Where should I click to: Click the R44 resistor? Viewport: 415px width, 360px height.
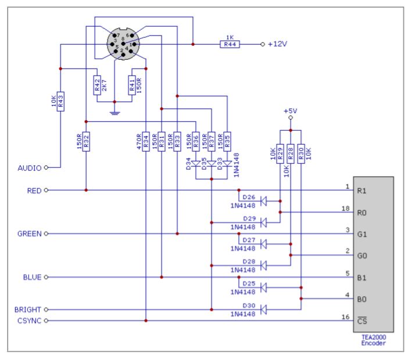(x=228, y=44)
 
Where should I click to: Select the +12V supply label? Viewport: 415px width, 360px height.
(x=279, y=44)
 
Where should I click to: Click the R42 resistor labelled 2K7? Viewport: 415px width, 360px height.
(x=97, y=87)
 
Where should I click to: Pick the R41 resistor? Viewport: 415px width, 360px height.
(x=132, y=87)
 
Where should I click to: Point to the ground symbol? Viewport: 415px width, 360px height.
(x=115, y=110)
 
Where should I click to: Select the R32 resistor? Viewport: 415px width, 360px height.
(x=86, y=142)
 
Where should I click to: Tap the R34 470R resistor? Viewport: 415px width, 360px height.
(x=146, y=142)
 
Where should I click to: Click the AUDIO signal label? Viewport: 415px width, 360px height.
(x=29, y=168)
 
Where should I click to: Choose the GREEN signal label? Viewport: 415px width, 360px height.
(x=29, y=234)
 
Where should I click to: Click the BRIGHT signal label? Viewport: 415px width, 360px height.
(x=27, y=309)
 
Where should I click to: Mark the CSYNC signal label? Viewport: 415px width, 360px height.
(x=28, y=321)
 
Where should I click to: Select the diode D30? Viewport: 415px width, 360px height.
(x=262, y=309)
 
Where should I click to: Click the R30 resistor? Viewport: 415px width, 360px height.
(x=300, y=154)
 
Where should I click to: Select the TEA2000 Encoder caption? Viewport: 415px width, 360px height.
(x=373, y=340)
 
